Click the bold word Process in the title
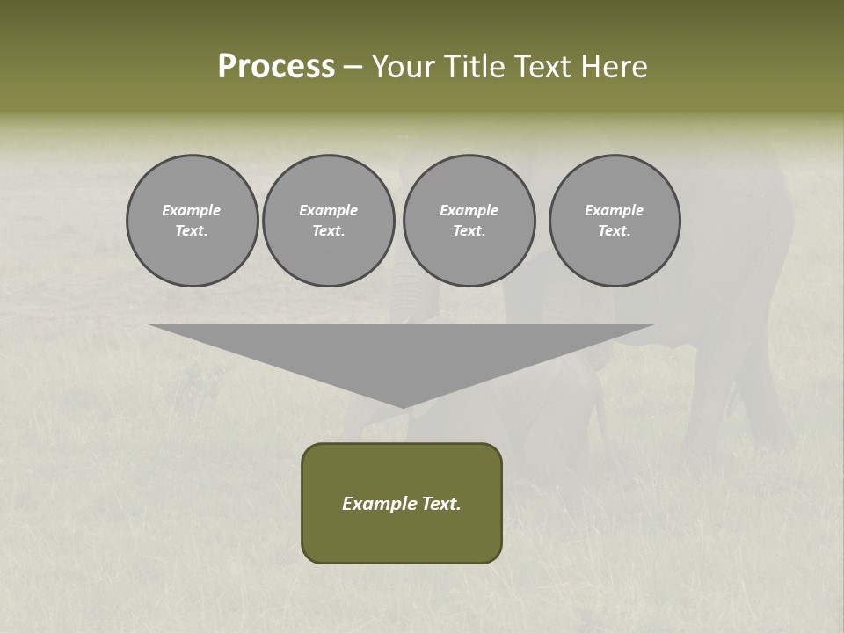[276, 67]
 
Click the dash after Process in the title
[353, 69]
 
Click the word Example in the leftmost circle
[192, 210]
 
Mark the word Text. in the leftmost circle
[192, 231]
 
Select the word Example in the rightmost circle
[615, 210]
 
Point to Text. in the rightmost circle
[615, 231]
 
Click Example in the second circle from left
[329, 210]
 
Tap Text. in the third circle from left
[469, 231]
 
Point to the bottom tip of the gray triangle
[402, 405]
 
